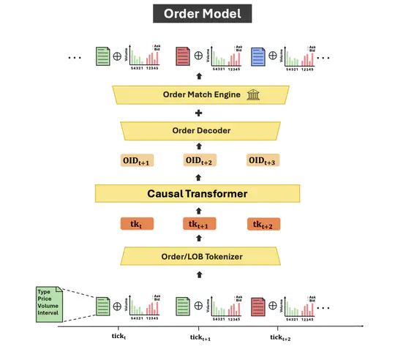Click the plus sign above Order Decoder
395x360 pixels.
(x=197, y=113)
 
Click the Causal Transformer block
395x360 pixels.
(x=197, y=193)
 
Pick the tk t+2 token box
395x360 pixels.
(x=265, y=225)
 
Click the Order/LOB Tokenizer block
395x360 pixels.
(x=197, y=255)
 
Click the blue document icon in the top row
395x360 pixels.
(x=257, y=56)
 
